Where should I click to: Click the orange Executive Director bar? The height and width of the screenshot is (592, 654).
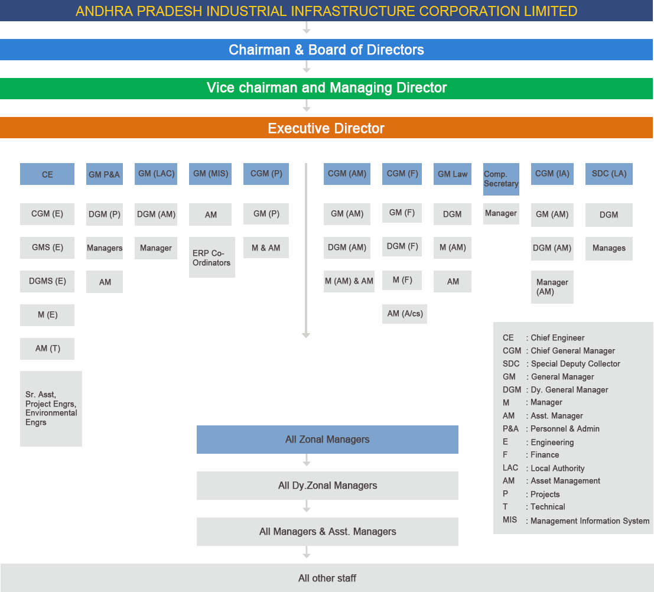(326, 128)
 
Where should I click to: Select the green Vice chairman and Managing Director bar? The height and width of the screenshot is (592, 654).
(326, 88)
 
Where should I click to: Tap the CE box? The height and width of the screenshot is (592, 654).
(47, 174)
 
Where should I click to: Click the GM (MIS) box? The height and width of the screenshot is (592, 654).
(210, 174)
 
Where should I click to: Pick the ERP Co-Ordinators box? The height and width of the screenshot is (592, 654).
(212, 258)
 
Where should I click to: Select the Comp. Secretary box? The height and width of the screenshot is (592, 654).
(501, 179)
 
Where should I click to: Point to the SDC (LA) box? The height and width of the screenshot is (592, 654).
(609, 174)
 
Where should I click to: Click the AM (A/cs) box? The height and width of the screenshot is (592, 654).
(405, 314)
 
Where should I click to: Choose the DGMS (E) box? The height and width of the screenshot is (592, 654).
(47, 281)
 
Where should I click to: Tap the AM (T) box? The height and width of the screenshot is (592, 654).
(47, 349)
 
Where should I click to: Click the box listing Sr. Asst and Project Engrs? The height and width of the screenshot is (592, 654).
(51, 408)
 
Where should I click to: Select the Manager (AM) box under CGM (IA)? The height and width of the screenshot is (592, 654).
(552, 287)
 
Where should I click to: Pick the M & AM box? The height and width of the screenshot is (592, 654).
(266, 248)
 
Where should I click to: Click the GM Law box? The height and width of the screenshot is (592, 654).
(452, 174)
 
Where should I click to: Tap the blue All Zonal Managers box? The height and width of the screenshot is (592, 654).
(327, 440)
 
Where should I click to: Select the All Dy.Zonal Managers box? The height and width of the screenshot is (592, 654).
(327, 486)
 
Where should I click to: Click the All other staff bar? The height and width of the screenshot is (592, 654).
(327, 578)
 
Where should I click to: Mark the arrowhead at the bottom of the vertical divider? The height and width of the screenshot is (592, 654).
(306, 335)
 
